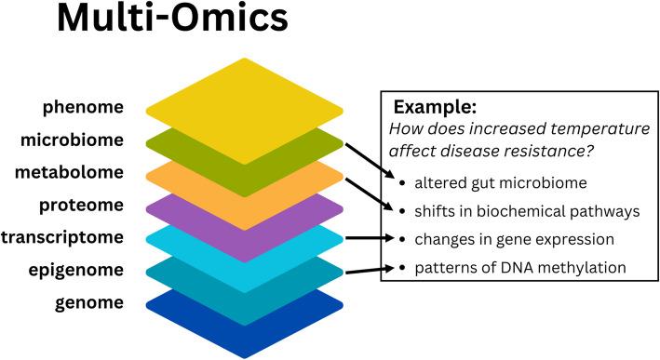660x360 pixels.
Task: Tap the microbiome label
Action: coord(76,140)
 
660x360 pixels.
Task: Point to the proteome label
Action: coord(84,205)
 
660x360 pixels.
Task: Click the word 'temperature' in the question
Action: coord(588,127)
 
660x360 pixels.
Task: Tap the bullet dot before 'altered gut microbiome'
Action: coord(401,182)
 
